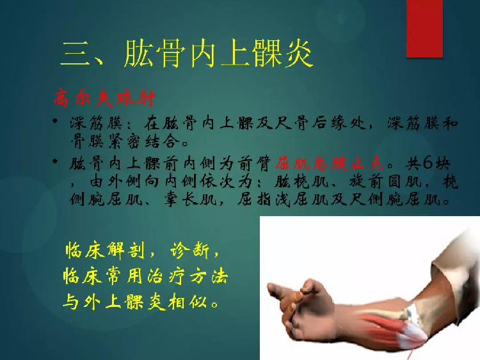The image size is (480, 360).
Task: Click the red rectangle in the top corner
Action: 424,28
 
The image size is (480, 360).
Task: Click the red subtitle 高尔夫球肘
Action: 104,98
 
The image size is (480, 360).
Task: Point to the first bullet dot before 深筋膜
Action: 55,121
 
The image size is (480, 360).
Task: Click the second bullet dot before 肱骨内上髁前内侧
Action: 55,161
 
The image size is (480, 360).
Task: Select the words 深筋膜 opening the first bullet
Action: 97,123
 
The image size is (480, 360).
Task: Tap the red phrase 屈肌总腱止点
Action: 329,163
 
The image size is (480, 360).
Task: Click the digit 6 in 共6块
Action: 428,163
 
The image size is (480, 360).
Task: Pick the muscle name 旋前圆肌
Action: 385,182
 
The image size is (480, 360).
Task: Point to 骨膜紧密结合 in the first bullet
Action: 125,141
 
